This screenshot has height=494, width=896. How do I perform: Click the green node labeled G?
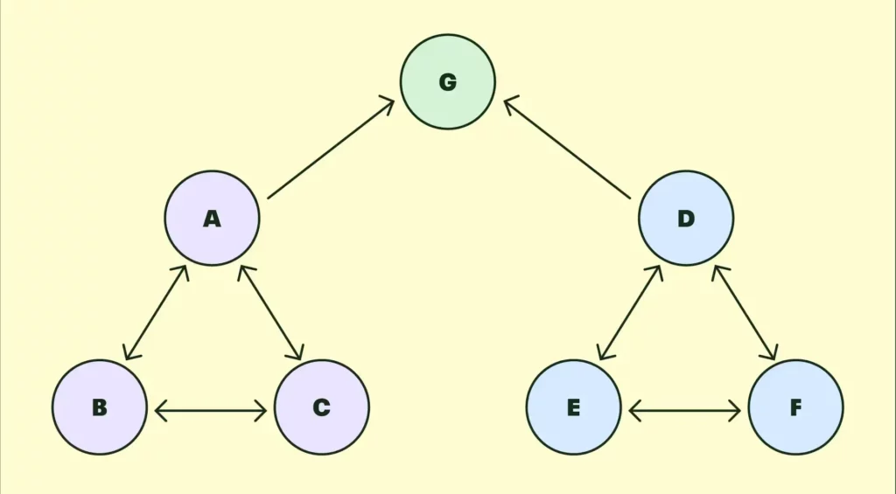click(447, 81)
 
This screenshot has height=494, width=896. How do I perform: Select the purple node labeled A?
click(212, 218)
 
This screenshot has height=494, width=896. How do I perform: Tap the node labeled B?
click(100, 407)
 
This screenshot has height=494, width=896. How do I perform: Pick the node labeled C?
click(322, 407)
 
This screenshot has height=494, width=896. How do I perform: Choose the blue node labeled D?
click(686, 218)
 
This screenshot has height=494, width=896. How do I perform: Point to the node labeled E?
click(573, 407)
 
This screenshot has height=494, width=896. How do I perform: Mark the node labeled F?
click(795, 407)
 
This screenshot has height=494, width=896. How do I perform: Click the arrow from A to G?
click(331, 149)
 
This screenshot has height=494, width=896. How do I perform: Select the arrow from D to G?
click(567, 148)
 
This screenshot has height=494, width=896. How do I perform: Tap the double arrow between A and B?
click(156, 312)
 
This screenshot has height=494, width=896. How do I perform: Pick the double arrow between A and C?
click(271, 312)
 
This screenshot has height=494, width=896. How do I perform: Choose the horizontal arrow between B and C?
click(211, 411)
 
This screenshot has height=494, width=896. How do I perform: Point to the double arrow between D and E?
click(630, 312)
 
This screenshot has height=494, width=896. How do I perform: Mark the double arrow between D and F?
click(745, 312)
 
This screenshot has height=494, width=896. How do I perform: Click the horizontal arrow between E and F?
click(684, 411)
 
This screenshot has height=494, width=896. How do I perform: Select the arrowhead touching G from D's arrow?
click(511, 103)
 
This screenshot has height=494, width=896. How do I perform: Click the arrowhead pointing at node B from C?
click(161, 411)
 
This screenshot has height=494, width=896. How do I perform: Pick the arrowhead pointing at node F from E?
click(735, 411)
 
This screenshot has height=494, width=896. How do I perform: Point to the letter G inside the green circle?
click(448, 82)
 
